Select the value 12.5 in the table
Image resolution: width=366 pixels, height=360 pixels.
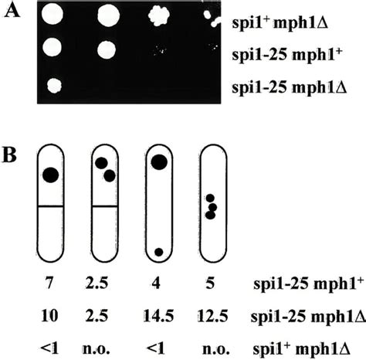211,316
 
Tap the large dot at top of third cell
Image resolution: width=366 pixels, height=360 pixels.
159,161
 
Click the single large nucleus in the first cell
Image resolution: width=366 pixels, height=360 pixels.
50,175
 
